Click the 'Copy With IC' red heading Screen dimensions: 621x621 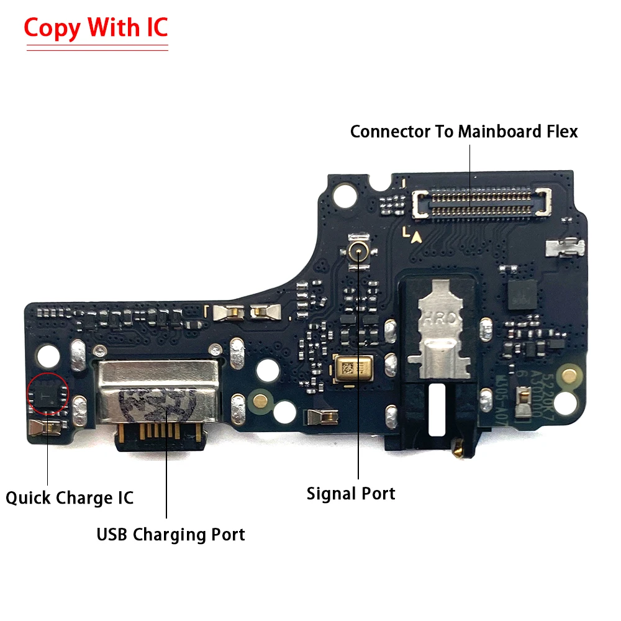pyautogui.click(x=96, y=29)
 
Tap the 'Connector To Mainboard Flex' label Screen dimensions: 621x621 pyautogui.click(x=464, y=132)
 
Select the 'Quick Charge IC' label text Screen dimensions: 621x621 pyautogui.click(x=70, y=497)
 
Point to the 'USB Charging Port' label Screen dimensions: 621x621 pyautogui.click(x=171, y=534)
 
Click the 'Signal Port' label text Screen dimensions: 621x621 pyautogui.click(x=351, y=494)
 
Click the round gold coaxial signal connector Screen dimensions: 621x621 pyautogui.click(x=358, y=252)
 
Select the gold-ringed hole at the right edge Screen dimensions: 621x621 pyautogui.click(x=568, y=374)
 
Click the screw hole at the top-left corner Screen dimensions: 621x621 pyautogui.click(x=340, y=197)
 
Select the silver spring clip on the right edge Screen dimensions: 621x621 pyautogui.click(x=564, y=248)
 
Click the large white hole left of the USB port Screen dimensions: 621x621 pyautogui.click(x=48, y=355)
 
